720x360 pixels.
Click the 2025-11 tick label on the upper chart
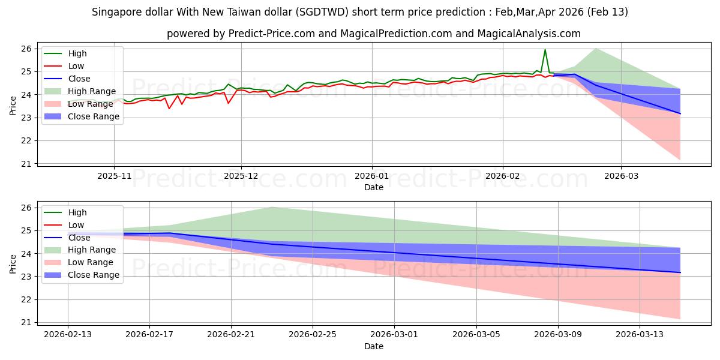[x=114, y=176]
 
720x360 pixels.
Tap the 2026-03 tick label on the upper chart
[x=621, y=176]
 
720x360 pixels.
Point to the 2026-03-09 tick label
[x=558, y=334]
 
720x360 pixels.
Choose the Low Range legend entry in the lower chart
[x=91, y=262]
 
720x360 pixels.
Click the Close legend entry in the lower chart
[x=79, y=237]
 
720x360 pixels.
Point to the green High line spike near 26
[x=545, y=50]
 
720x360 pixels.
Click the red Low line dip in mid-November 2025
[x=169, y=108]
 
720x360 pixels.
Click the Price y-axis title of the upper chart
[x=13, y=105]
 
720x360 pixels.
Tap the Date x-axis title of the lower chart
[x=373, y=346]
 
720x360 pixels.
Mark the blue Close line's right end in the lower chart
[x=680, y=272]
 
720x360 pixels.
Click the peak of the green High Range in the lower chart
[x=272, y=207]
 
